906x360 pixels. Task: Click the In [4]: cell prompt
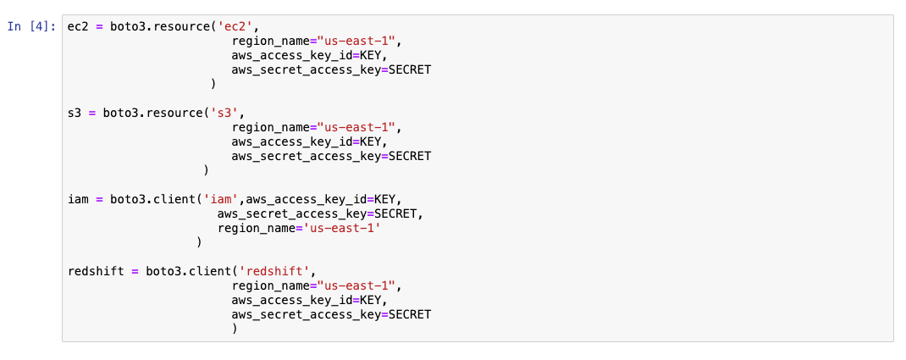[31, 25]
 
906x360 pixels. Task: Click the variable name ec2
[78, 25]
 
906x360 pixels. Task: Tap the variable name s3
[75, 113]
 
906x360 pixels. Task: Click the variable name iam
[78, 199]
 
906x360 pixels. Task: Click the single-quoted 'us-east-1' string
[342, 228]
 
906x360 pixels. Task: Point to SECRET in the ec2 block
[410, 69]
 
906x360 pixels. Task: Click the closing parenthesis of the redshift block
[235, 329]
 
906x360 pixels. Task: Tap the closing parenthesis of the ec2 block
[213, 84]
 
